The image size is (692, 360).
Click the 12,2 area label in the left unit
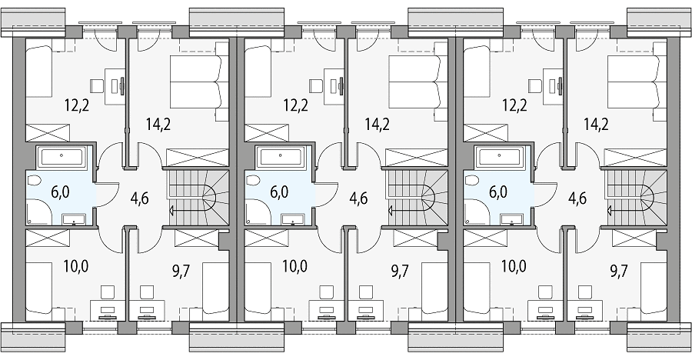(x=76, y=105)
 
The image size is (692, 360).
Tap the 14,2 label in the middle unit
(x=377, y=124)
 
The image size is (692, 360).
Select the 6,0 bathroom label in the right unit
(x=497, y=192)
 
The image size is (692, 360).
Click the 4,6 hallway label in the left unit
(x=140, y=198)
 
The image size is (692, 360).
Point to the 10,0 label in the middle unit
(x=295, y=266)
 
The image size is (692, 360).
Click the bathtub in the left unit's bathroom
(x=62, y=157)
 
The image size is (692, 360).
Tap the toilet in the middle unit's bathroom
(x=253, y=181)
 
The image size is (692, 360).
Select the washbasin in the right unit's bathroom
(x=511, y=219)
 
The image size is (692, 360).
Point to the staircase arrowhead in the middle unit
(x=391, y=211)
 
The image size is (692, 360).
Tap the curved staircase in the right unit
(x=636, y=198)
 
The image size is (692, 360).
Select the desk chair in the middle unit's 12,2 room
(x=316, y=85)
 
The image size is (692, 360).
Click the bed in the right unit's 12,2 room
(x=477, y=73)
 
